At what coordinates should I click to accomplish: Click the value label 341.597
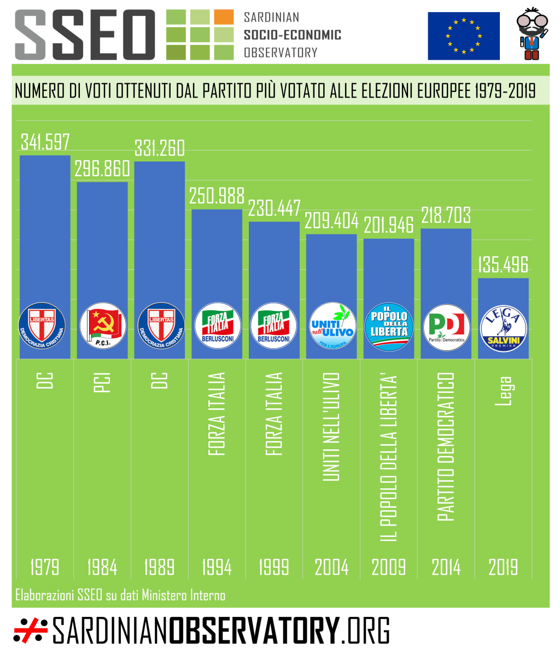(x=45, y=141)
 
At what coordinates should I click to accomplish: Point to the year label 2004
(x=331, y=567)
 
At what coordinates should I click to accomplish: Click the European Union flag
(x=464, y=36)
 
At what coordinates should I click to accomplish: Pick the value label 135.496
(x=503, y=264)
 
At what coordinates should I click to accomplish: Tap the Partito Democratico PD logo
(x=446, y=327)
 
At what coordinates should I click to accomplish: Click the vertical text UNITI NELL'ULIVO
(x=331, y=427)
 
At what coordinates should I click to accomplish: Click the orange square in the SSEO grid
(x=224, y=17)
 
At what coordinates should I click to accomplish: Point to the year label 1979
(x=45, y=567)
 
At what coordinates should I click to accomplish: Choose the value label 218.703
(x=446, y=215)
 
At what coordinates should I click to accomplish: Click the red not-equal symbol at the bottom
(x=31, y=631)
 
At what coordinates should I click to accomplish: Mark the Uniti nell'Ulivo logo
(x=332, y=327)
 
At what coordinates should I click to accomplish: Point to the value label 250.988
(x=217, y=195)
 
